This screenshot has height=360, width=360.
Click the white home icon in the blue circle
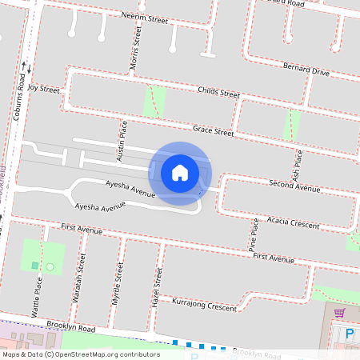click(180, 173)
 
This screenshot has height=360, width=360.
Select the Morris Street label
click(137, 49)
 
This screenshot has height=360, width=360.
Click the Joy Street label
click(45, 90)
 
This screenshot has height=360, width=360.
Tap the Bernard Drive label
click(306, 70)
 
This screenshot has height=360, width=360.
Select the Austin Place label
click(122, 142)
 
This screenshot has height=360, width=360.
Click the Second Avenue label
click(295, 187)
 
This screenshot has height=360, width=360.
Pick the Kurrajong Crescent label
click(205, 306)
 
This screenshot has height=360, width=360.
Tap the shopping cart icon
click(339, 313)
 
